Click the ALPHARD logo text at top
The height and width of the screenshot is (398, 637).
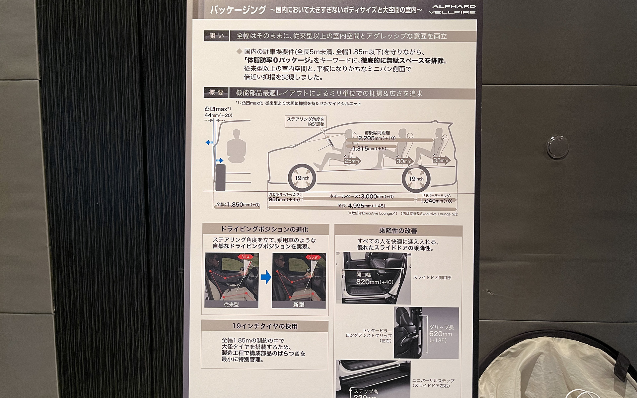point(454,6)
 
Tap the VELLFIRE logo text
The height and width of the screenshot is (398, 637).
point(452,12)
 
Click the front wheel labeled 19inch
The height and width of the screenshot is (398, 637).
point(302,178)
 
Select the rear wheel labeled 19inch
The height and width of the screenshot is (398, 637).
point(416,179)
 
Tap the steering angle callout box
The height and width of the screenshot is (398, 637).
point(306,121)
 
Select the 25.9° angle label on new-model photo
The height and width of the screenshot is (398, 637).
point(313,257)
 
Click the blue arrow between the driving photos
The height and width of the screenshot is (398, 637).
point(266,277)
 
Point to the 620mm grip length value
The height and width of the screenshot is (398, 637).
point(440,334)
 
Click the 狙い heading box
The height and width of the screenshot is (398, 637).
point(216,36)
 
